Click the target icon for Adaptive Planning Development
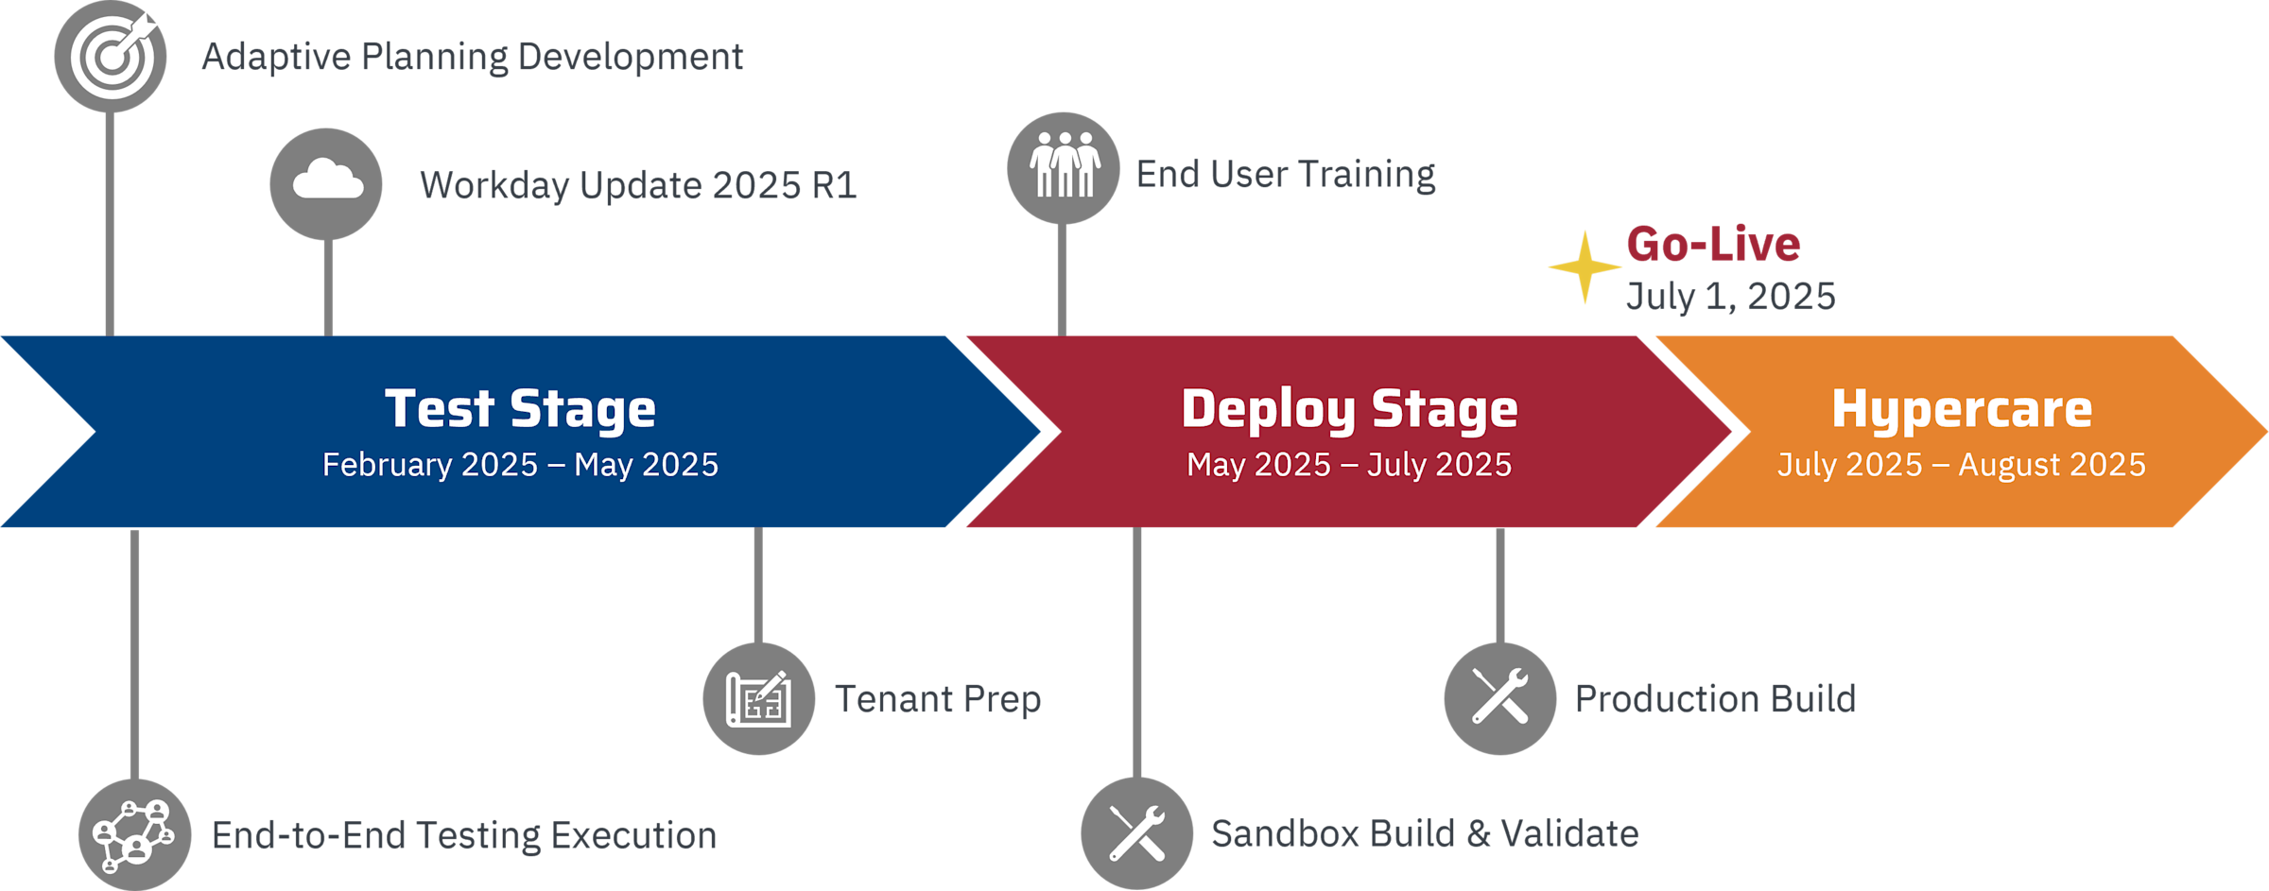(111, 57)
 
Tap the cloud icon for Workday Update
(326, 183)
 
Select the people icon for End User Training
(1064, 168)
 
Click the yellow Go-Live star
(1585, 267)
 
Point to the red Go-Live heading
(1713, 244)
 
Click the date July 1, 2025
(1730, 296)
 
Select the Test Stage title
(520, 409)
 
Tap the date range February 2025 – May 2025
(520, 465)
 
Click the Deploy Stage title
(1349, 409)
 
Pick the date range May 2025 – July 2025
(1349, 465)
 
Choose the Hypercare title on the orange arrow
(1962, 409)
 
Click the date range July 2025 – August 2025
(1962, 465)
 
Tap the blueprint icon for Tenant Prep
(758, 699)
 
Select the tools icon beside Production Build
(1500, 698)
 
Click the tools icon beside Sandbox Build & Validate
(1137, 833)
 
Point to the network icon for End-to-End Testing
(135, 835)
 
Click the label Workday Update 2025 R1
(638, 185)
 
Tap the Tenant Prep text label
(937, 699)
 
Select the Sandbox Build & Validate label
(1425, 834)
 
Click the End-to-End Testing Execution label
(464, 836)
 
